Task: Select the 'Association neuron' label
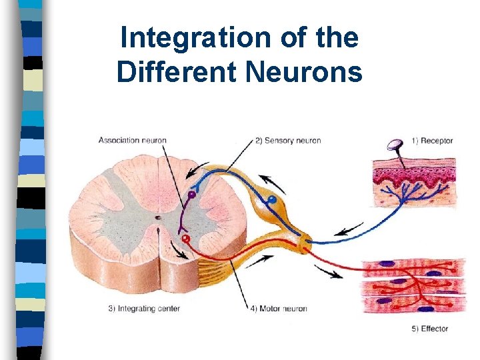(132, 140)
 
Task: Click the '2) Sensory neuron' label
(288, 140)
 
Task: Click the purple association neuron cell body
(191, 195)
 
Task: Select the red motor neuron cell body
(186, 237)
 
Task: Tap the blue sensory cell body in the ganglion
(272, 200)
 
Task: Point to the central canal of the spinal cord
(157, 217)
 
